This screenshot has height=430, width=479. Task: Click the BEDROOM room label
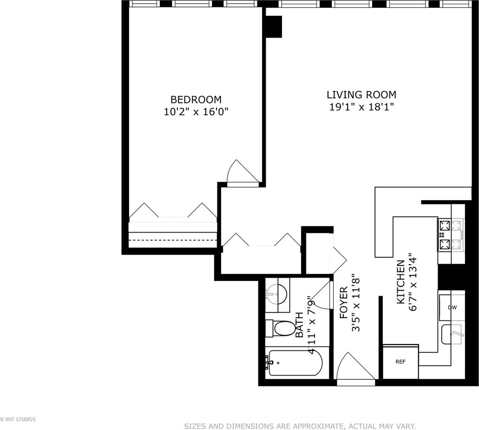(x=196, y=99)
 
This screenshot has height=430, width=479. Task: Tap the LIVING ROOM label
(x=361, y=95)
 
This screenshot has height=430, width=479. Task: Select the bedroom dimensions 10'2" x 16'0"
(x=196, y=112)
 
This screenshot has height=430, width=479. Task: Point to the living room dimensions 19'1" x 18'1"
(x=361, y=107)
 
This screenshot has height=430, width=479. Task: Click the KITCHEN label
(x=400, y=282)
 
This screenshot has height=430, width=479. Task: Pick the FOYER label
(x=344, y=303)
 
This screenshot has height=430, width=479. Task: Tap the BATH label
(x=300, y=325)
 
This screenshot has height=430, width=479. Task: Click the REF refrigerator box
(x=400, y=362)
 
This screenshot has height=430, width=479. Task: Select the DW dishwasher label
(x=452, y=307)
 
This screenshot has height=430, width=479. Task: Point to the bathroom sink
(x=276, y=294)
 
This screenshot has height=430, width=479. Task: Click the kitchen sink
(x=453, y=334)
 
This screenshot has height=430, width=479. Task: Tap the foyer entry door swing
(x=355, y=366)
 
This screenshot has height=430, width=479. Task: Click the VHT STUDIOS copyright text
(x=18, y=419)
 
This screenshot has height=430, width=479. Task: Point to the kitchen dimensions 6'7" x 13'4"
(x=413, y=282)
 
